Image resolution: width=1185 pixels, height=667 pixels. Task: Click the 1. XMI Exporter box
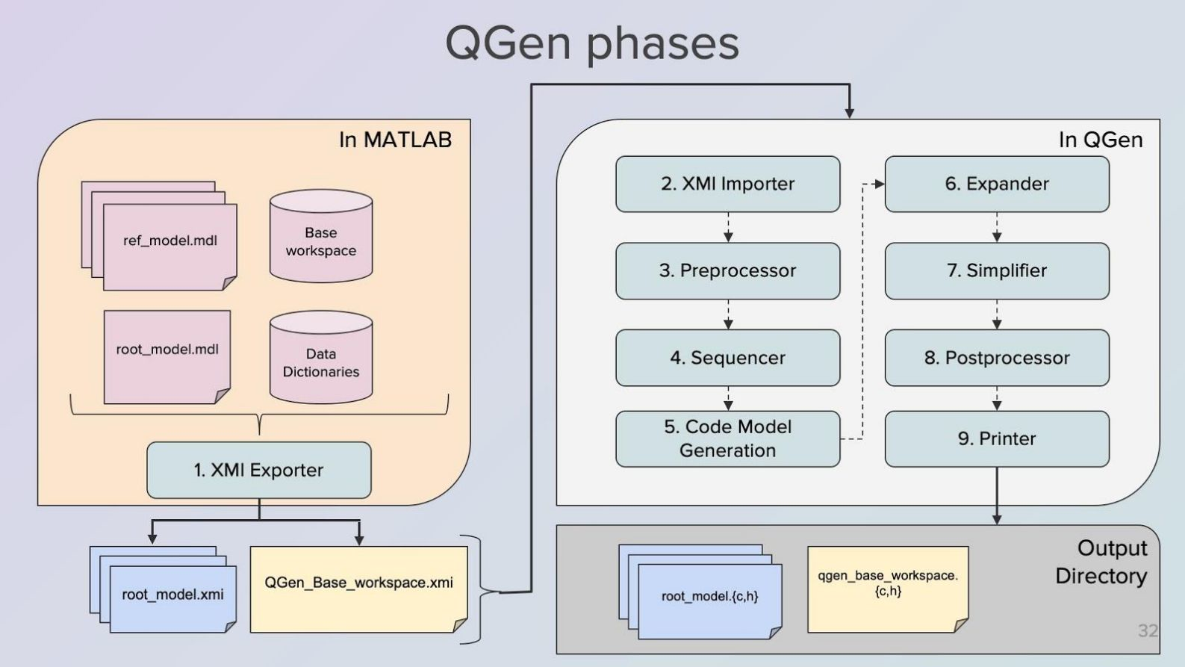(258, 470)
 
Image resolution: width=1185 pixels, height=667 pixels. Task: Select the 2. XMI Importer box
(727, 184)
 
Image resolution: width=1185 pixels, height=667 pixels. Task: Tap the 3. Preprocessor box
(727, 270)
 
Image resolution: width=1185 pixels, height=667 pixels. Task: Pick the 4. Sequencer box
(727, 358)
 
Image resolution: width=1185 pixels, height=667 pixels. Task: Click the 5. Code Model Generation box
(727, 438)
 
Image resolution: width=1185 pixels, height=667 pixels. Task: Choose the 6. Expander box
(997, 184)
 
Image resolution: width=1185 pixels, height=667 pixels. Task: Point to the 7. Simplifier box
(997, 270)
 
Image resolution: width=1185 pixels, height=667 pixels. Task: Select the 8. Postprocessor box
(997, 358)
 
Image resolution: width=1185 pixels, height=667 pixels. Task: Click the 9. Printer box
(997, 438)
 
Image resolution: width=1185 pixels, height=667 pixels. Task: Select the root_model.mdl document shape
(167, 356)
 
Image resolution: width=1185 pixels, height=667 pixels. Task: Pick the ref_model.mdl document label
(170, 241)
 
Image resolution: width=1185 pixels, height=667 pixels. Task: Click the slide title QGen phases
(592, 43)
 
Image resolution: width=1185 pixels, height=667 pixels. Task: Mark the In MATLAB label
(395, 140)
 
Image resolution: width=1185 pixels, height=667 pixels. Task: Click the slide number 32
(1148, 630)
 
